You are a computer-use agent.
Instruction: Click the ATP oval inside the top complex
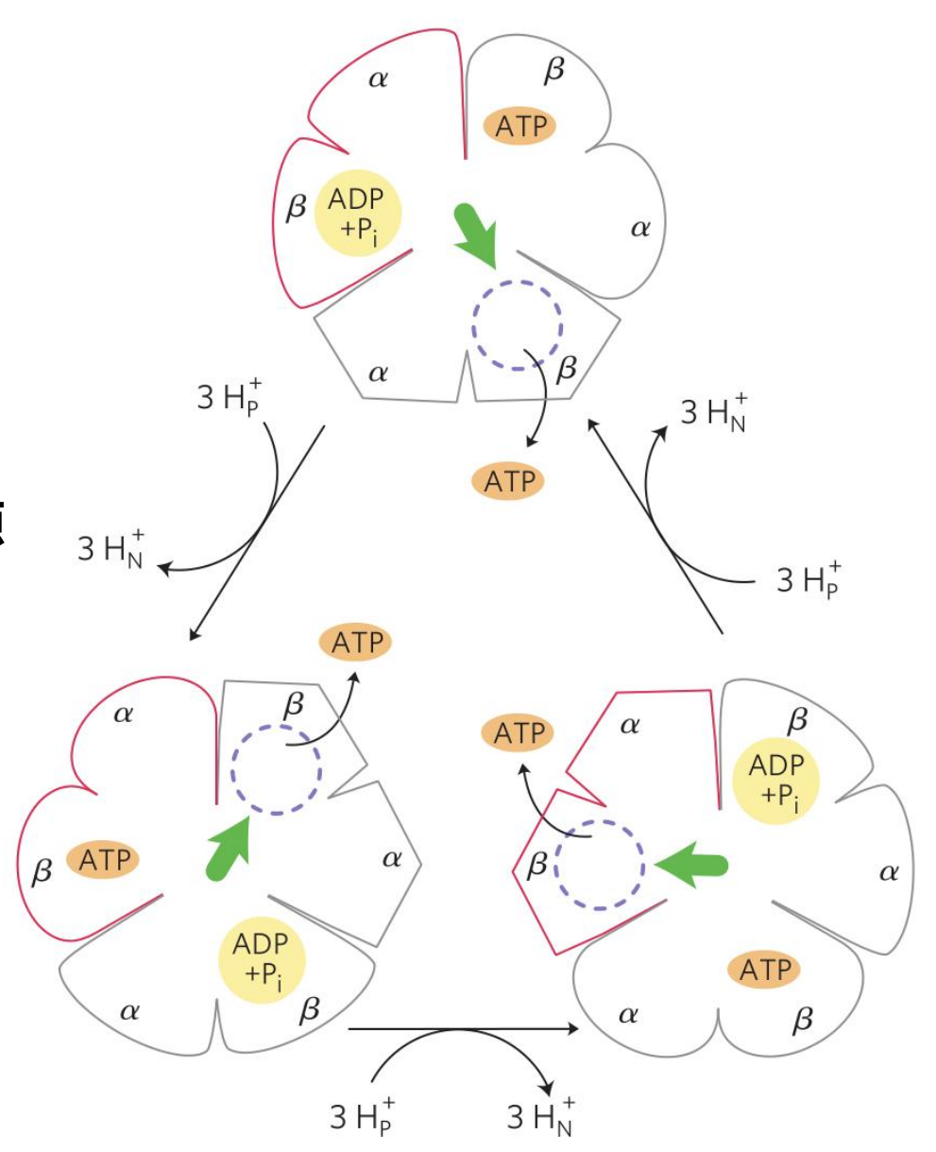click(521, 126)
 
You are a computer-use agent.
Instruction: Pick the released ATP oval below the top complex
click(509, 482)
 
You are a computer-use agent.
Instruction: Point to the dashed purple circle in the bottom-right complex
click(599, 864)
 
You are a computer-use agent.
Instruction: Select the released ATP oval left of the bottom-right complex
click(518, 732)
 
